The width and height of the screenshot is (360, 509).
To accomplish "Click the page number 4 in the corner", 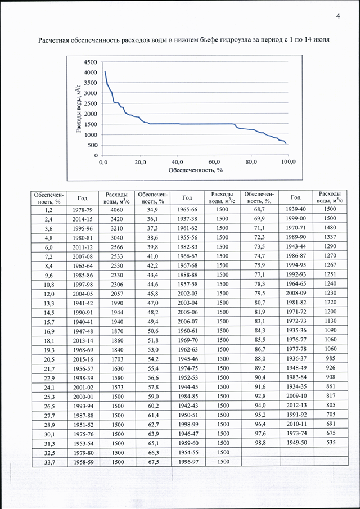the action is point(338,17).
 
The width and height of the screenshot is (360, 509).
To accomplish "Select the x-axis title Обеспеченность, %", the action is point(195,170).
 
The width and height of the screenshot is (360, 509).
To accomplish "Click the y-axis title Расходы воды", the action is point(78,109).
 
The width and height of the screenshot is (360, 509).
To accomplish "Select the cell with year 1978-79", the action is point(83,209).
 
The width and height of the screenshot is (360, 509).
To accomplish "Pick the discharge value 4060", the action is point(116,209).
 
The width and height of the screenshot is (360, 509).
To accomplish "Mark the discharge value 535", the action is point(330,442).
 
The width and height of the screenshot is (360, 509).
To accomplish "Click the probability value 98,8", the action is point(258,442).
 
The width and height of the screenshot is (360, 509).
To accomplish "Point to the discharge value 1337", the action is point(330,236).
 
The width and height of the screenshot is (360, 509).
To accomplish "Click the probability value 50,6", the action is point(152,330).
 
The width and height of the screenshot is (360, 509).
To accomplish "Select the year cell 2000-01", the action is point(83,396).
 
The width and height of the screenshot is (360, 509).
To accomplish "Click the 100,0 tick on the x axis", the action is point(288,162).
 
